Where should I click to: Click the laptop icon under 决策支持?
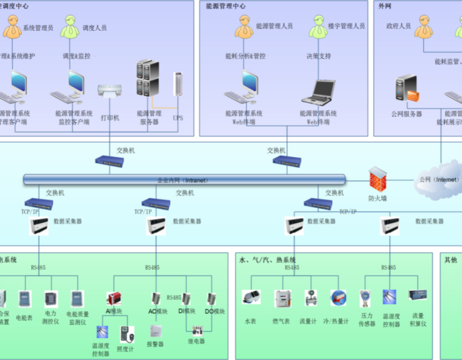pyautogui.click(x=318, y=91)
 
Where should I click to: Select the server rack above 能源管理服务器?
pyautogui.click(x=148, y=78)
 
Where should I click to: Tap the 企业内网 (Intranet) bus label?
pyautogui.click(x=182, y=180)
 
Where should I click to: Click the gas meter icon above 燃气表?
pyautogui.click(x=283, y=299)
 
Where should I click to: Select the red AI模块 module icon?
pyautogui.click(x=114, y=299)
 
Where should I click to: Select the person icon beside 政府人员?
pyautogui.click(x=424, y=27)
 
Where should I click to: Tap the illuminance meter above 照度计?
pyautogui.click(x=126, y=335)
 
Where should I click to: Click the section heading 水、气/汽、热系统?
pyautogui.click(x=267, y=260)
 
